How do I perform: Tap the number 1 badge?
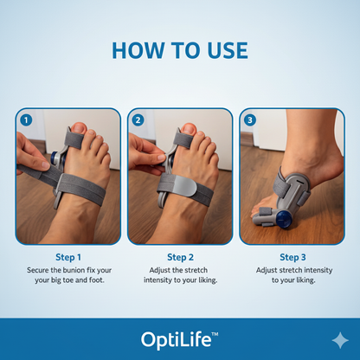[26, 119]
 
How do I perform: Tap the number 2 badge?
[138, 119]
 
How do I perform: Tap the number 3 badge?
[251, 119]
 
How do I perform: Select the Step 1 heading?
[67, 257]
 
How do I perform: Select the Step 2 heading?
[180, 257]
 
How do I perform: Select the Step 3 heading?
[292, 257]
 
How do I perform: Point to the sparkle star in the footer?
[340, 340]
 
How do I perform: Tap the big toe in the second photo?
[188, 132]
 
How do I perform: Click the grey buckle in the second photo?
[172, 184]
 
